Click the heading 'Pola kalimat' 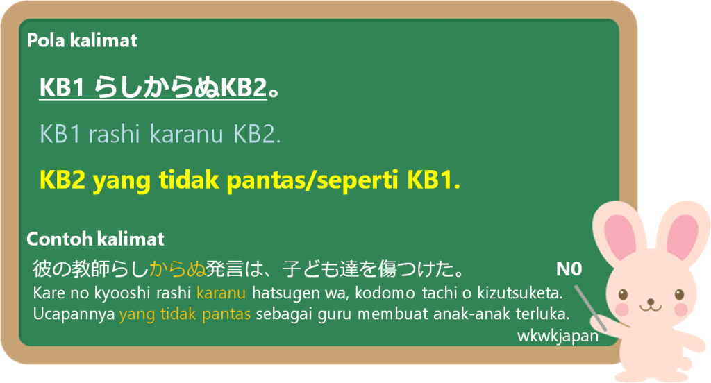(82, 41)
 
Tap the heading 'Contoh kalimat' (95, 239)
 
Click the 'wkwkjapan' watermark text (558, 336)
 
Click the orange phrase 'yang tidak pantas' (185, 314)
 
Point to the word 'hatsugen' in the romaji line (281, 293)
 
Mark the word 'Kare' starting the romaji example (45, 293)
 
